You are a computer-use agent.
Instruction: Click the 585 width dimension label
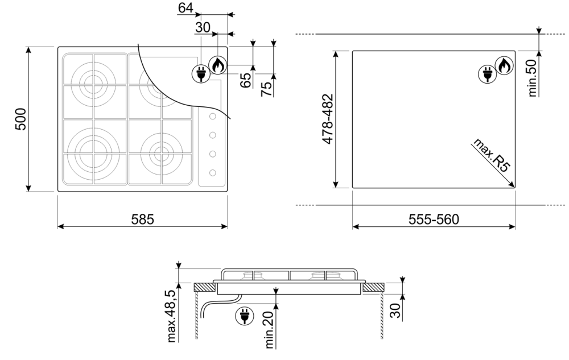(143, 220)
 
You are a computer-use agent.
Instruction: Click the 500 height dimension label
(20, 119)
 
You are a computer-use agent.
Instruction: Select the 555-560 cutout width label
(434, 220)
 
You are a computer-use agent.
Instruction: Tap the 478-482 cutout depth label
(328, 119)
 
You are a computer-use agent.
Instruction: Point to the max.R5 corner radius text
(492, 155)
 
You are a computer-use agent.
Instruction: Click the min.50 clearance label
(532, 78)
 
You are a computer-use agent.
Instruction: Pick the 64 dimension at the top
(185, 7)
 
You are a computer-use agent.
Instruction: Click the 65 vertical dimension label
(246, 80)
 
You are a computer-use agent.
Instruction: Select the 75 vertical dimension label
(266, 89)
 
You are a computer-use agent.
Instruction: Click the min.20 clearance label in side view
(270, 330)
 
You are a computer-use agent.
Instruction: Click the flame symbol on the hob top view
(218, 65)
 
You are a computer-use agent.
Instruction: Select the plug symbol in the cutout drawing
(487, 75)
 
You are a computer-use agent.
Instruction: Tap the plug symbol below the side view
(244, 316)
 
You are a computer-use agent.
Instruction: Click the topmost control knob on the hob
(213, 117)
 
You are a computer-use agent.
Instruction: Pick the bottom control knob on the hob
(213, 173)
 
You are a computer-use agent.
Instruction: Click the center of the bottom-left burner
(94, 151)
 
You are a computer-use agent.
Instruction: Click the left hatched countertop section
(205, 288)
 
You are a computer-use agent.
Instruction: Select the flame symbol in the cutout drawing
(504, 66)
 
